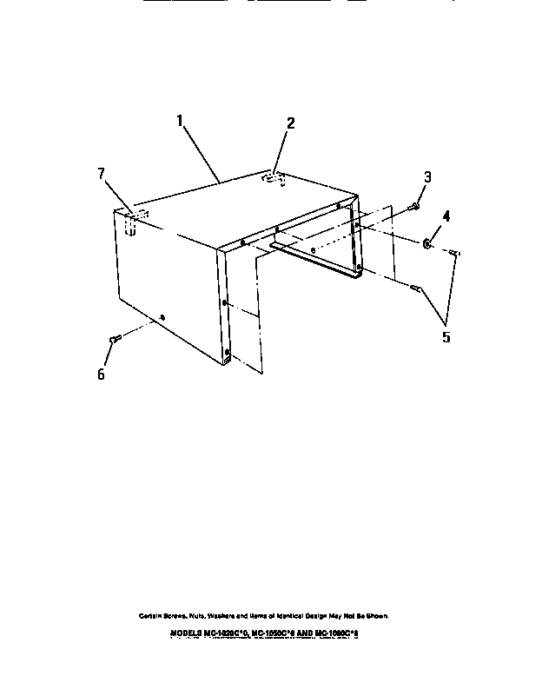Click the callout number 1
click(x=182, y=122)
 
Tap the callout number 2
click(x=290, y=123)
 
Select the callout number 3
click(x=427, y=178)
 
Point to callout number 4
click(x=446, y=215)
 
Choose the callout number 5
click(x=446, y=336)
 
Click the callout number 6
click(x=101, y=374)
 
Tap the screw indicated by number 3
click(x=413, y=207)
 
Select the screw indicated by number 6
click(x=113, y=339)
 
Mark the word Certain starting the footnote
click(x=153, y=615)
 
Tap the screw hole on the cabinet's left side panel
click(x=163, y=318)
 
